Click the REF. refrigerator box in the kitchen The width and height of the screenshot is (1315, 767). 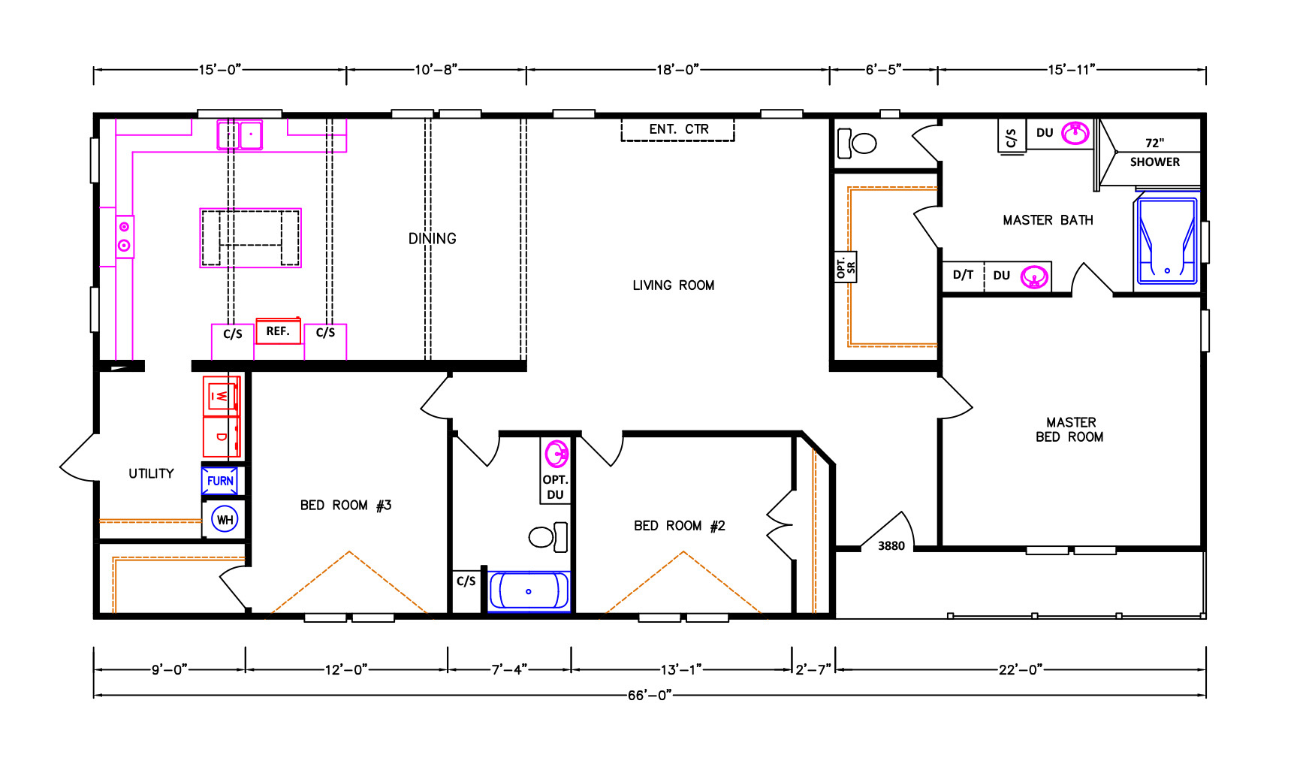point(278,331)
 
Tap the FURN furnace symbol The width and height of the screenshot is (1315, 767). point(220,481)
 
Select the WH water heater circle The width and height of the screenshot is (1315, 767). point(225,519)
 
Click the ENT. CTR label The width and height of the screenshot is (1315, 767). point(679,129)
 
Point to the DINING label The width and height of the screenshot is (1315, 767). point(432,239)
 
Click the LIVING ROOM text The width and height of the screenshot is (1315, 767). point(673,285)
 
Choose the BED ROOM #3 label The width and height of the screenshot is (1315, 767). point(345,506)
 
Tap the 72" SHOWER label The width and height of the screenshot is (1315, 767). point(1154,152)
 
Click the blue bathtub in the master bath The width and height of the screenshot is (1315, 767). point(1166,240)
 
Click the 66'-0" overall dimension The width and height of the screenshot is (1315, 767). point(650,696)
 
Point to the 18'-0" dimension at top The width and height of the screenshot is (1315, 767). point(677,70)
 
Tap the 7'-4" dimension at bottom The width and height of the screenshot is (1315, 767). point(509,669)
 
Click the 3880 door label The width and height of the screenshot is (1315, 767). point(891,546)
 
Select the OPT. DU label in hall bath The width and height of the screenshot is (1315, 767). point(555,487)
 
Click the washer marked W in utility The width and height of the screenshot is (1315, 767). point(222,396)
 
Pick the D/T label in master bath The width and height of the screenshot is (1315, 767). point(963,275)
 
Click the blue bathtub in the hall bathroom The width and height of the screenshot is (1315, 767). point(529,591)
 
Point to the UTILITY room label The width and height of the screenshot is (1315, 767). point(151,473)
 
